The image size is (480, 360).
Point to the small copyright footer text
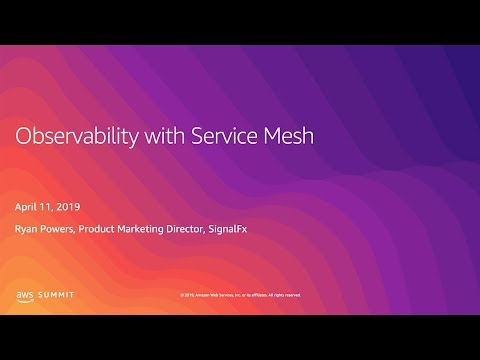(239, 295)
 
